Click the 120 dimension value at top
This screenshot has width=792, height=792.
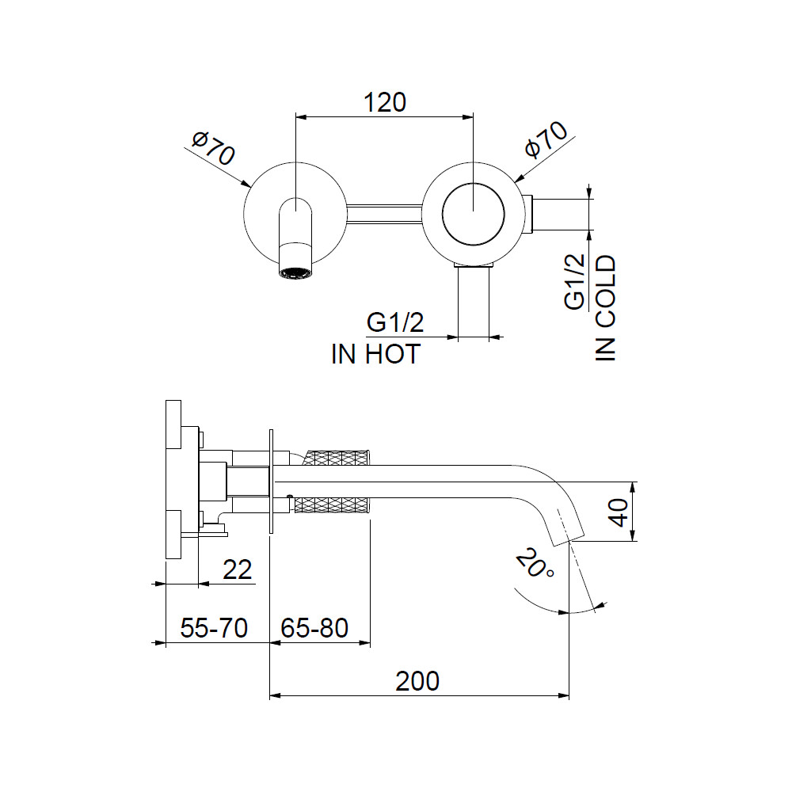coord(385,102)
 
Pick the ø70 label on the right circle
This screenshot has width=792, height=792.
coord(546,139)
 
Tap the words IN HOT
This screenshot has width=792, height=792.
coord(375,354)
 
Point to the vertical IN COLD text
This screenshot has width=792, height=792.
coord(606,308)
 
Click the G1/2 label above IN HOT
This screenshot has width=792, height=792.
coord(395,322)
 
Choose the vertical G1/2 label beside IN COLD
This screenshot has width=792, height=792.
coord(575,281)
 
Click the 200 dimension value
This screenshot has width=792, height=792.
coord(417,681)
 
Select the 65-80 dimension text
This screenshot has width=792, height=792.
coord(314,628)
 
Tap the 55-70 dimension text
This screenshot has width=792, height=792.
coord(214,628)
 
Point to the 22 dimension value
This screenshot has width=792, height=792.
coord(238,569)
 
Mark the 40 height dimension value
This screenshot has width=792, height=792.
coord(619,512)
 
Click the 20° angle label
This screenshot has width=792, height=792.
coord(535,563)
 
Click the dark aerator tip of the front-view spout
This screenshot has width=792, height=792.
coord(295,270)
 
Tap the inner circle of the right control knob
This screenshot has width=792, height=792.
coord(473,214)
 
